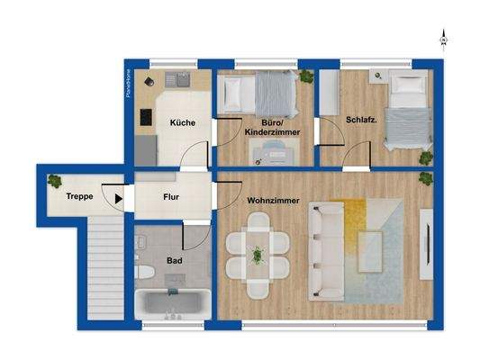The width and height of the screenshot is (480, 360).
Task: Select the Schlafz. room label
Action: [x=359, y=120]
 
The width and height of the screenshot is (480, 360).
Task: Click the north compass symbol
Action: [x=443, y=38]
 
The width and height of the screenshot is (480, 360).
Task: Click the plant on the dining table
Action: [x=258, y=256]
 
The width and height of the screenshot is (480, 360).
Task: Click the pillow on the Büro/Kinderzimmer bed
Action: [x=230, y=92]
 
